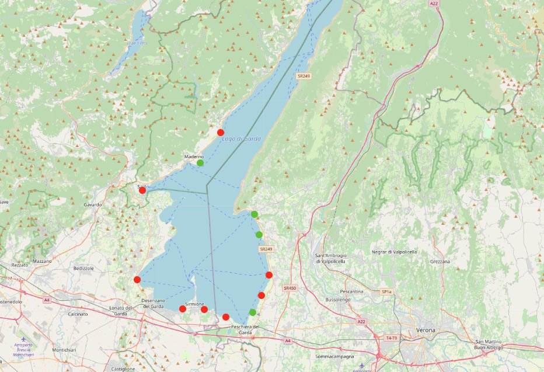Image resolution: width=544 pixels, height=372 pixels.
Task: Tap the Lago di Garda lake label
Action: [x=241, y=138]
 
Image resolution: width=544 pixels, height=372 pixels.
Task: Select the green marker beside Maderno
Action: [x=200, y=163]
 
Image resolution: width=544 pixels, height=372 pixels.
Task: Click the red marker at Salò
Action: [x=142, y=190]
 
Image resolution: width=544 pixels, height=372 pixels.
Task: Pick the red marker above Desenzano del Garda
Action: [x=137, y=280]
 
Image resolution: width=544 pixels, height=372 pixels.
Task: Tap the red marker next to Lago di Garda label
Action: [x=220, y=133]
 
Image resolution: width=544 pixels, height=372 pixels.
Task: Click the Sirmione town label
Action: [x=194, y=304]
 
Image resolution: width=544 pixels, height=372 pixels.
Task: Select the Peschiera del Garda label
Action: [x=245, y=329]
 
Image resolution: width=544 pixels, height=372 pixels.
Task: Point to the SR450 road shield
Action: [x=290, y=288]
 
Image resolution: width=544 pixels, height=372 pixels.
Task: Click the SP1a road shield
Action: [x=385, y=291]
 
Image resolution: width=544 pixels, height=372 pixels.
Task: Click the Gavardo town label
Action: [x=93, y=205]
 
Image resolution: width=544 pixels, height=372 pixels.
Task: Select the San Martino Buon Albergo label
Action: [x=489, y=345]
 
